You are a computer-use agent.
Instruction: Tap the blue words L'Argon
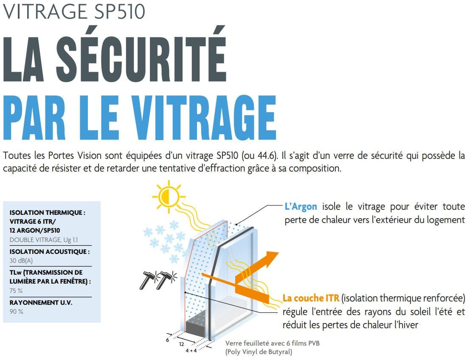coord(301,207)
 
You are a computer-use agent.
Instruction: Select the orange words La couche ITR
coord(311,298)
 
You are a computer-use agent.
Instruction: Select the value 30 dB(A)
coord(21,261)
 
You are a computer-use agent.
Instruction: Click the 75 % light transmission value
coord(16,291)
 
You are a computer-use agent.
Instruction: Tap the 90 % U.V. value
coord(16,312)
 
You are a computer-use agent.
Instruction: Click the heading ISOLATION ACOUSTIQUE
coord(49,252)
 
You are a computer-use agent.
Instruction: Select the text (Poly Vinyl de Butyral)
coord(259,352)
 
